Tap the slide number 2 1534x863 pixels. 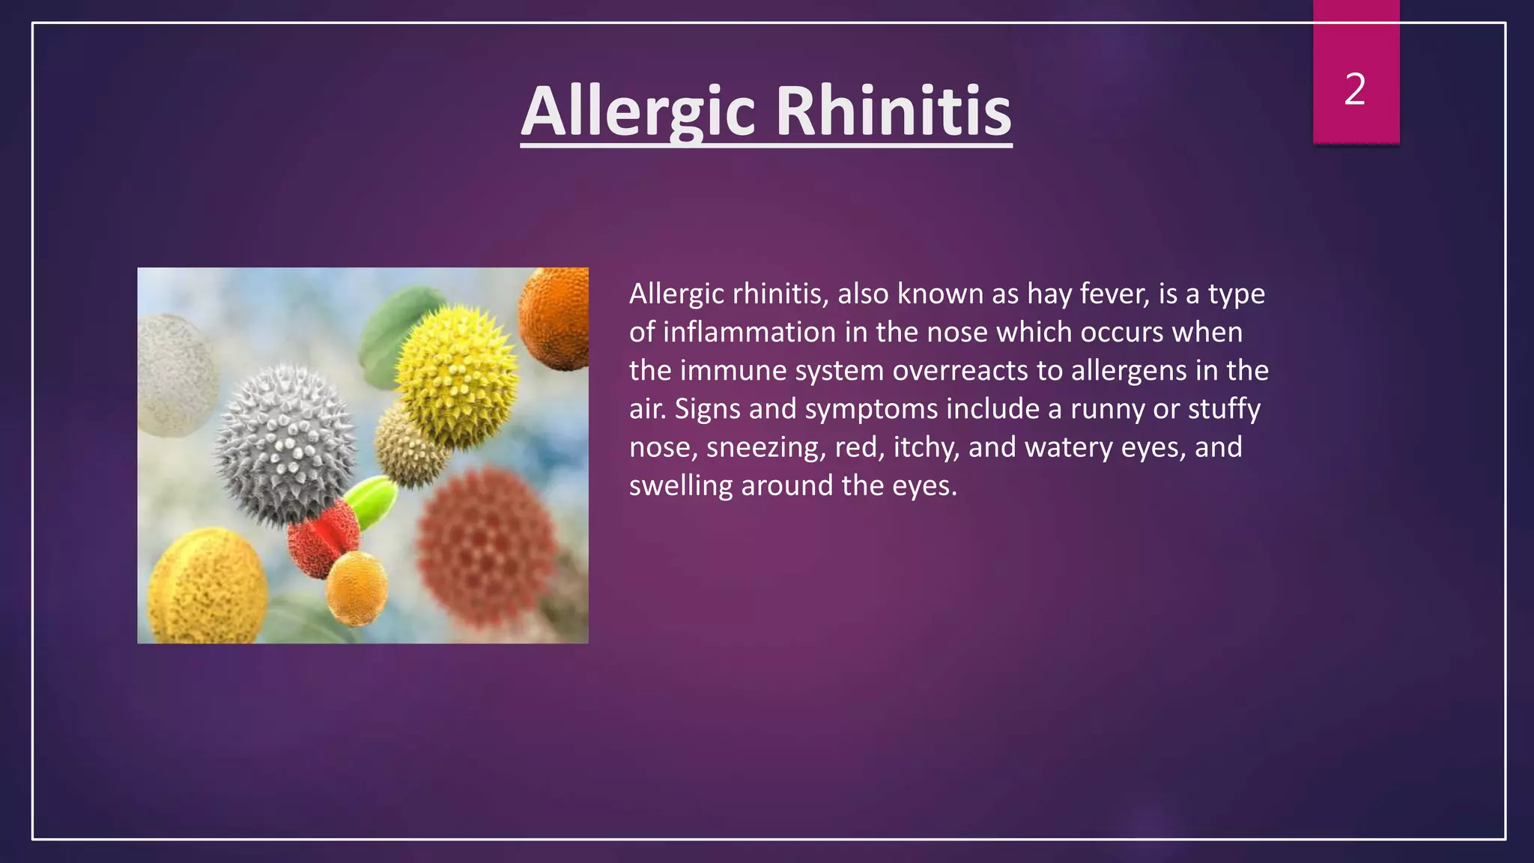click(1355, 89)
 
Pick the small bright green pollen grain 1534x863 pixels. click(372, 500)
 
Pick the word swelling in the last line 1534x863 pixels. click(680, 485)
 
